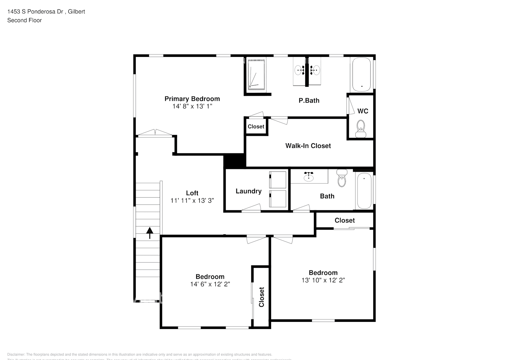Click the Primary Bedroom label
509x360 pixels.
pyautogui.click(x=192, y=99)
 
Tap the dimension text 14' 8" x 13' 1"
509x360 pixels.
pyautogui.click(x=192, y=107)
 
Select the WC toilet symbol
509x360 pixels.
pyautogui.click(x=360, y=129)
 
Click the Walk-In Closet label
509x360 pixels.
pyautogui.click(x=308, y=146)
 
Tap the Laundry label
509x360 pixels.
pyautogui.click(x=248, y=191)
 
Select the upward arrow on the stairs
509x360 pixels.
pyautogui.click(x=149, y=233)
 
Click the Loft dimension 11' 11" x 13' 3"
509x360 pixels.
pyautogui.click(x=192, y=201)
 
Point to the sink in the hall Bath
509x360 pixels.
pyautogui.click(x=308, y=176)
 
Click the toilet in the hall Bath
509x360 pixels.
pyautogui.click(x=342, y=178)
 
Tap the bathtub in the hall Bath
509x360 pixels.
pyautogui.click(x=364, y=191)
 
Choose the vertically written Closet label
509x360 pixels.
pyautogui.click(x=262, y=297)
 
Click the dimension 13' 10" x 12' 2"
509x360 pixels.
pyautogui.click(x=323, y=280)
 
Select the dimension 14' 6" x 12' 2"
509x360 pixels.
pyautogui.click(x=210, y=284)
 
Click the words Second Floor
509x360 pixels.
pyautogui.click(x=24, y=20)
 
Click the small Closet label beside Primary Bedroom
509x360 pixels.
pyautogui.click(x=256, y=127)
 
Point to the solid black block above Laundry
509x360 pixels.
pyautogui.click(x=234, y=161)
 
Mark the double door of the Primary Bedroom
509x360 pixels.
pyautogui.click(x=156, y=133)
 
